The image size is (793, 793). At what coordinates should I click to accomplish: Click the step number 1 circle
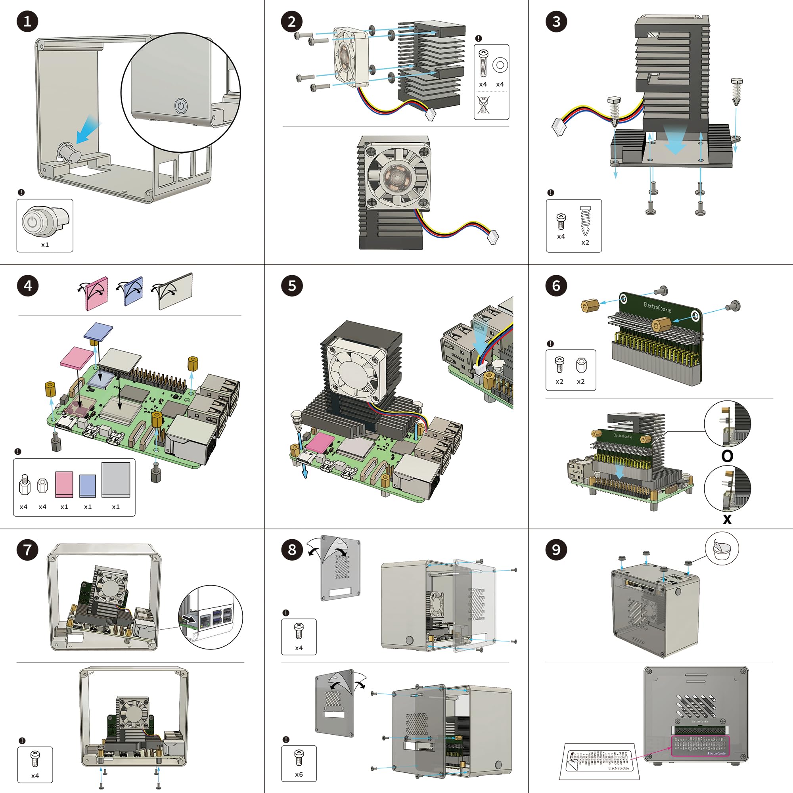point(27,21)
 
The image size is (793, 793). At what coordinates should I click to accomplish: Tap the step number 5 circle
point(292,285)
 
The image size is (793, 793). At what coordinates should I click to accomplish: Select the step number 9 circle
point(556,550)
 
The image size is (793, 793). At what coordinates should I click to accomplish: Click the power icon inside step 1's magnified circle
point(180,106)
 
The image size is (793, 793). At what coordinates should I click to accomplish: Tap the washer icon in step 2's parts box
point(500,65)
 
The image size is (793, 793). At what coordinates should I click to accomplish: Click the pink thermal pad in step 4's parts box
point(64,485)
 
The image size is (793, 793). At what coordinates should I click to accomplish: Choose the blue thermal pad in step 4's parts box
point(87,486)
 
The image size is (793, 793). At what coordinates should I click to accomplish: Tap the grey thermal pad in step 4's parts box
point(116,479)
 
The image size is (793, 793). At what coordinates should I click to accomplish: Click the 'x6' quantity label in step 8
point(299,774)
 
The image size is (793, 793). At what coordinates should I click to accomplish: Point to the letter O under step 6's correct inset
point(727,456)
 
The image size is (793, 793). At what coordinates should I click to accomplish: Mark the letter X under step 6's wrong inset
point(727,519)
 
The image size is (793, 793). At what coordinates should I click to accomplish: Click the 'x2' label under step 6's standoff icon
point(580,382)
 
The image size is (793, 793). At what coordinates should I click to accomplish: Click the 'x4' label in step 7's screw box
point(35,776)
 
